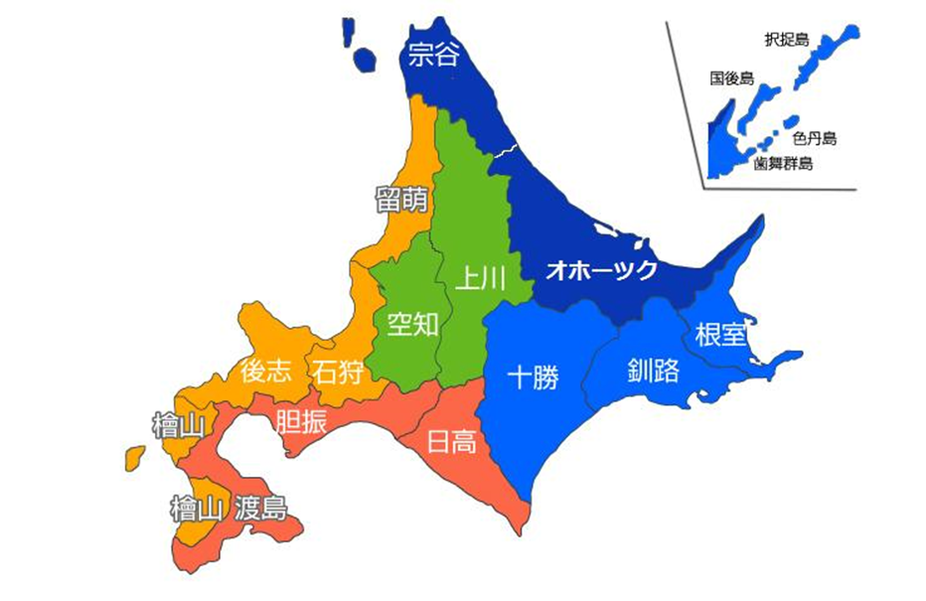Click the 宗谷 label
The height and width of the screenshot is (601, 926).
[434, 55]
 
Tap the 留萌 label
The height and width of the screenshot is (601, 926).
[401, 200]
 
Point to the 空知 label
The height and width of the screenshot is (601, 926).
[412, 324]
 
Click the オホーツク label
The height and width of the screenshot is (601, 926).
[602, 270]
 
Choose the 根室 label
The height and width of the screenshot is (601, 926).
[720, 334]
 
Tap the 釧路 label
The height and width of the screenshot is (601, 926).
[654, 372]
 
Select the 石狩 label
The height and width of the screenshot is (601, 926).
[337, 373]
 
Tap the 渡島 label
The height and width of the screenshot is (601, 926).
[261, 511]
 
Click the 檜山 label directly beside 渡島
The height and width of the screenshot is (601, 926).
[195, 511]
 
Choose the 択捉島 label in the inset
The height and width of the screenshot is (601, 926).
[786, 41]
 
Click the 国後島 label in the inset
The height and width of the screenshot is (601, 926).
[731, 78]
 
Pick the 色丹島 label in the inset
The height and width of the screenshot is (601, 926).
[815, 138]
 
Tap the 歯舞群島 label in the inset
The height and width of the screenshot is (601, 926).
[783, 164]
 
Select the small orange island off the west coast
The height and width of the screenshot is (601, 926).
[133, 458]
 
